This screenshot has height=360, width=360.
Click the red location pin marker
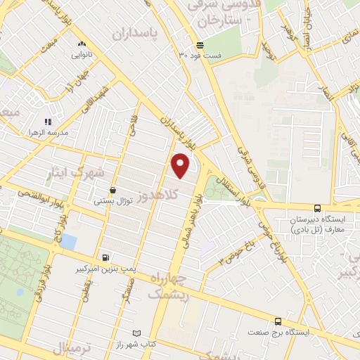pyautogui.click(x=181, y=165)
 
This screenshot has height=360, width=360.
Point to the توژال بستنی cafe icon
pyautogui.click(x=112, y=189)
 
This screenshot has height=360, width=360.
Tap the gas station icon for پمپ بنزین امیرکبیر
pyautogui.click(x=105, y=258)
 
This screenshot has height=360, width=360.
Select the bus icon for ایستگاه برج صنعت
pyautogui.click(x=278, y=320)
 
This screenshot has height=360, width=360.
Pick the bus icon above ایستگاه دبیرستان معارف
pyautogui.click(x=318, y=208)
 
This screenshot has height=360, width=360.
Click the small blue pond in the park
pyautogui.click(x=69, y=243)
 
